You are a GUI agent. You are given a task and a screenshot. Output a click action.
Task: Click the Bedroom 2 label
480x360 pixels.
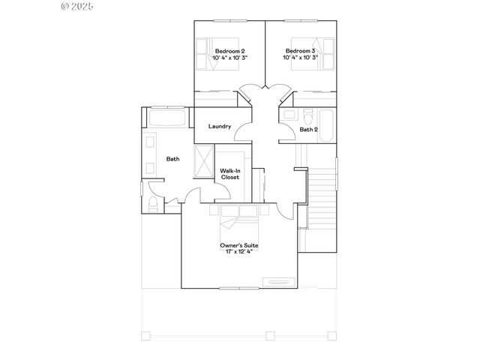coord(229,51)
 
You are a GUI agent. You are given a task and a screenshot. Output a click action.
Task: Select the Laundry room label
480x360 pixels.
coord(220,126)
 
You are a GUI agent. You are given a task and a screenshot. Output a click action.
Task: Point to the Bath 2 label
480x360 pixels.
coord(309,130)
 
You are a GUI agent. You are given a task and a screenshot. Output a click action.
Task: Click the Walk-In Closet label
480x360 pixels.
coord(229,174)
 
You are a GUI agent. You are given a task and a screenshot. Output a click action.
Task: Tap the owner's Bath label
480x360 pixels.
coord(172,158)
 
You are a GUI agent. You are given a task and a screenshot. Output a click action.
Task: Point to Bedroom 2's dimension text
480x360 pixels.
coord(229,58)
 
